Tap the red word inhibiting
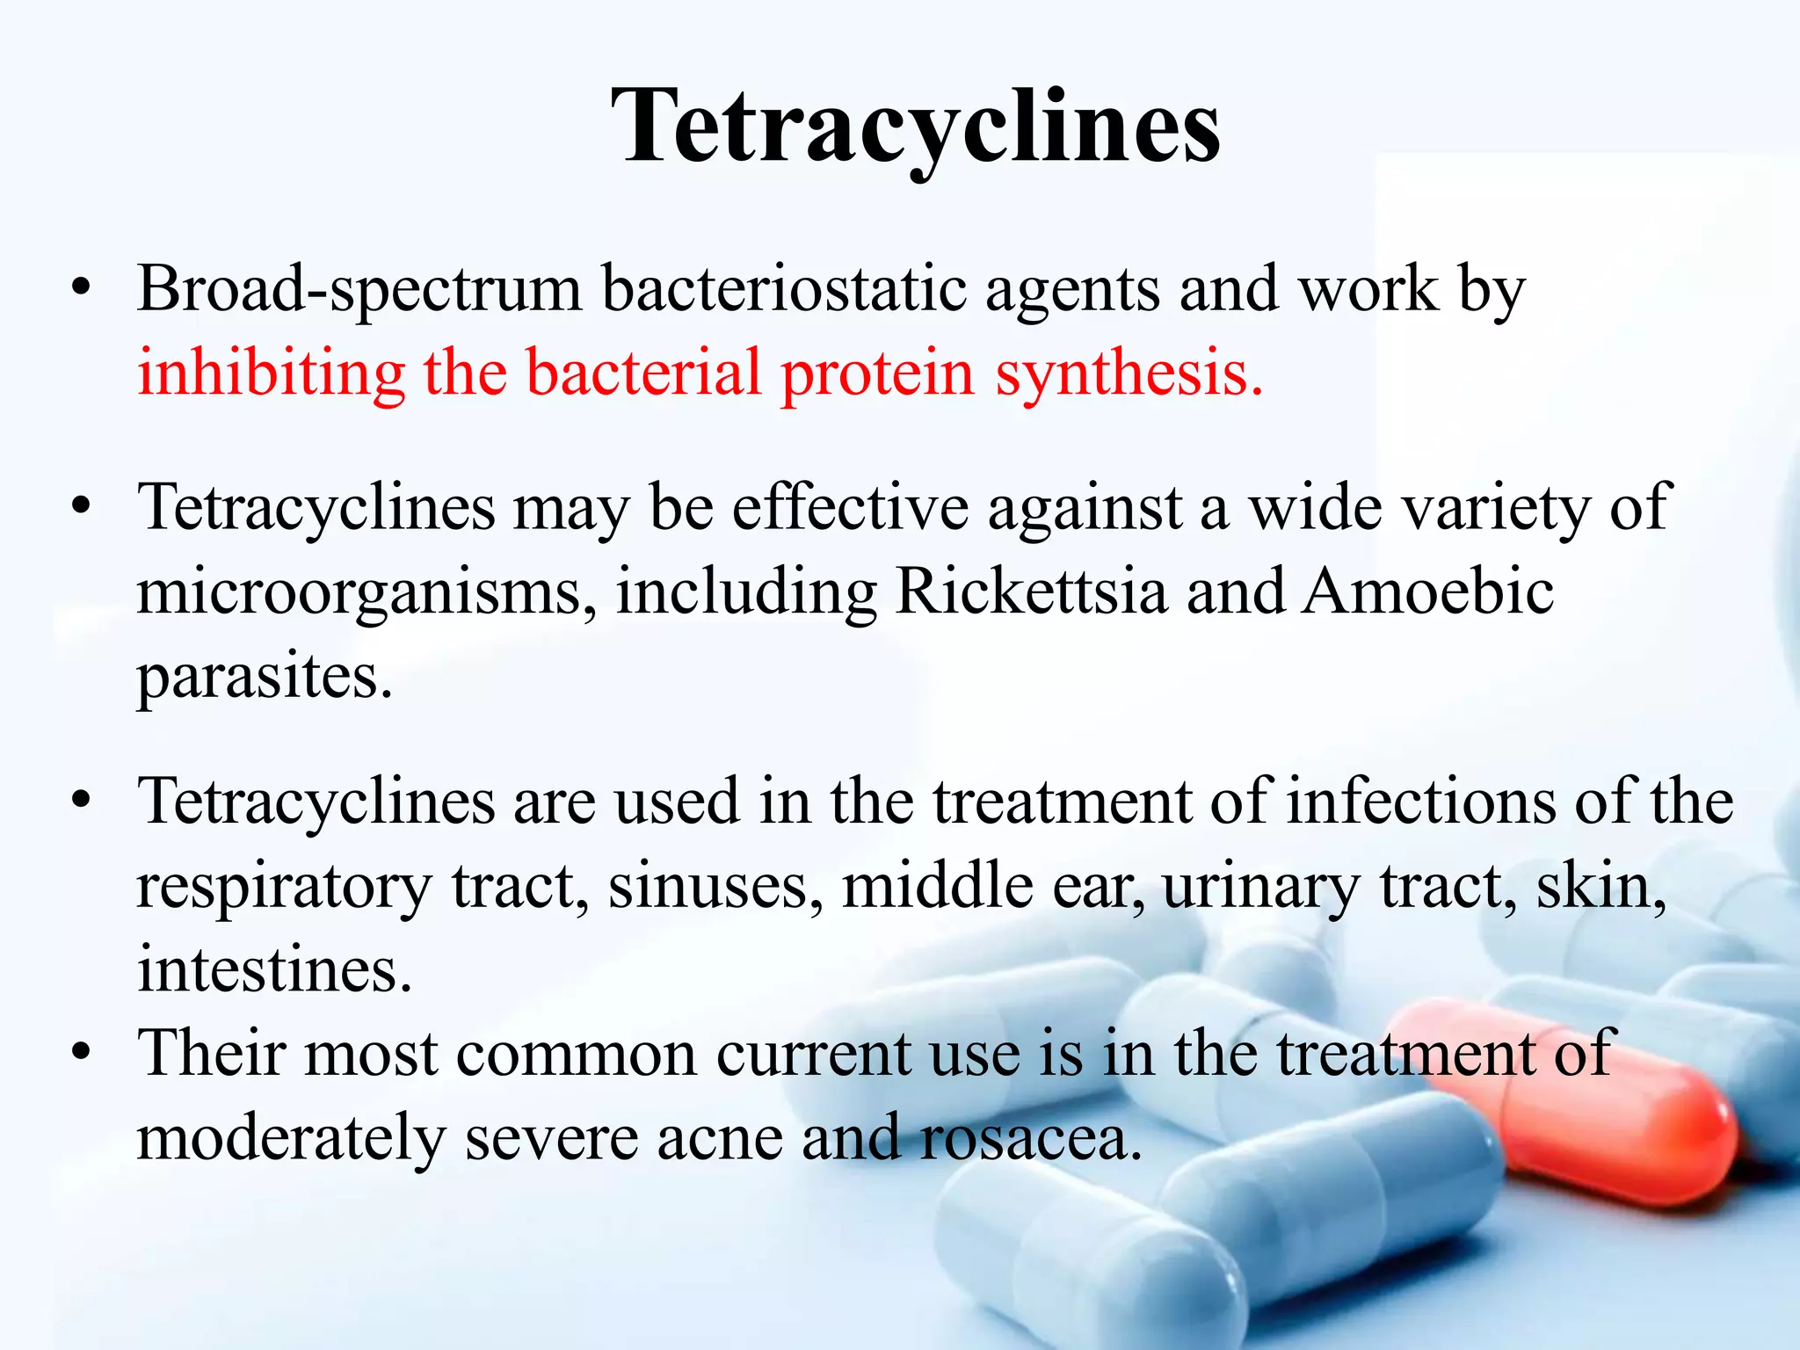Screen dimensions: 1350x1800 [271, 373]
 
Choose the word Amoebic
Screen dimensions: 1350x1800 [1427, 591]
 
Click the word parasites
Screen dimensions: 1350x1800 [264, 677]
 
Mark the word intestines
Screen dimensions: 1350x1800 [273, 969]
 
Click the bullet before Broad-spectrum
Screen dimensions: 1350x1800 [82, 290]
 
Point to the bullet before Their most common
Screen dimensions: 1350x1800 [82, 1053]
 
